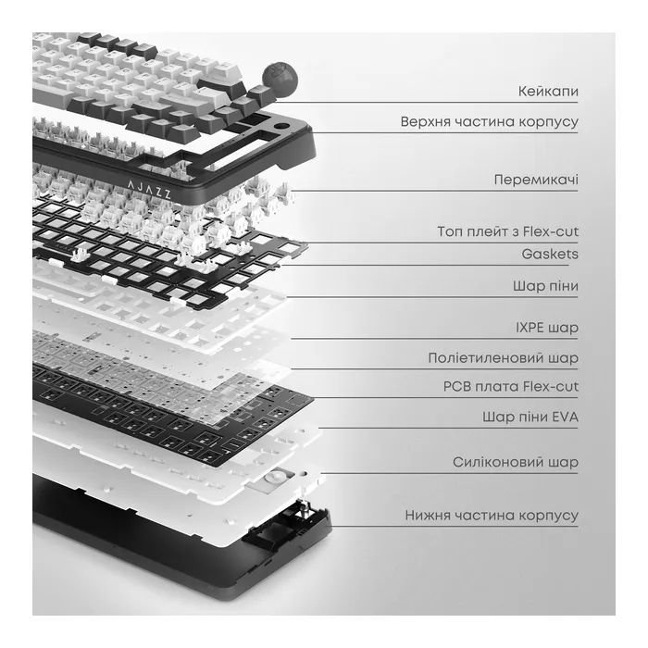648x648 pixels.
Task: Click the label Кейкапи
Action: [x=548, y=91]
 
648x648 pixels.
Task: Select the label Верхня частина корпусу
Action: [x=490, y=122]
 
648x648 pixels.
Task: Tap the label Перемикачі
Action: [x=536, y=180]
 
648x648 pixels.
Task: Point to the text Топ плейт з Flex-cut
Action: [x=508, y=231]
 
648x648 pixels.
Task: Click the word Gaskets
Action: [x=550, y=254]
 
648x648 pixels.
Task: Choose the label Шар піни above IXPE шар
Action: [x=545, y=286]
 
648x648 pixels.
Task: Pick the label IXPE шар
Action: [x=547, y=328]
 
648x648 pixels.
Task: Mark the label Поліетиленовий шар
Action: [x=503, y=358]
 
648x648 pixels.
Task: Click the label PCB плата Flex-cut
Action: [x=511, y=386]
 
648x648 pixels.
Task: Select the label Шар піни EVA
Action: [x=530, y=417]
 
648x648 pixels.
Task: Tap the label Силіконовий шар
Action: [x=516, y=462]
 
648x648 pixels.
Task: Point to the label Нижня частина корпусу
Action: [x=492, y=516]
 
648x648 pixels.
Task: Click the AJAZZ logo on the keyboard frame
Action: [x=149, y=189]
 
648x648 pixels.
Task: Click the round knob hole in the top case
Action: [x=281, y=127]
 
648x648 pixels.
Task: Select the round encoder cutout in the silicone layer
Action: [x=274, y=477]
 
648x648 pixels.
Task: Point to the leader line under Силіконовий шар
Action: [x=449, y=473]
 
